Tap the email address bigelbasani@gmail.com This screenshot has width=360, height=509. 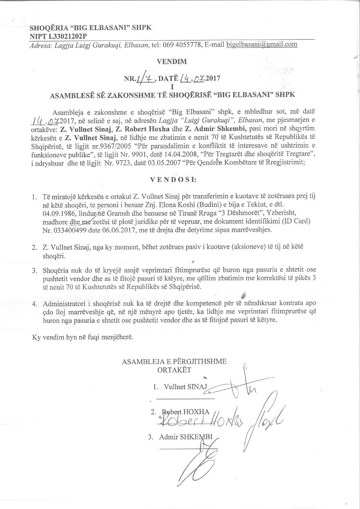pyautogui.click(x=262, y=44)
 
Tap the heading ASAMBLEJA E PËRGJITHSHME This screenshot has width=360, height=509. pyautogui.click(x=174, y=361)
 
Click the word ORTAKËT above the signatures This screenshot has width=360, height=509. pyautogui.click(x=174, y=370)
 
